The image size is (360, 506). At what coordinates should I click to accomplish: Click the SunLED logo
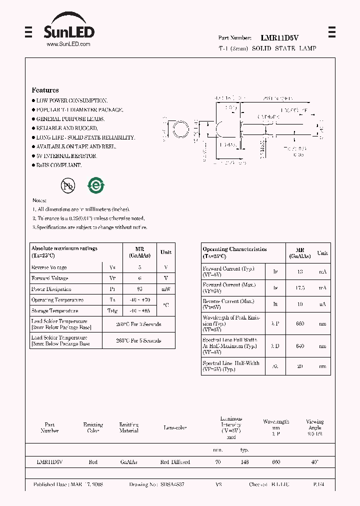[68, 29]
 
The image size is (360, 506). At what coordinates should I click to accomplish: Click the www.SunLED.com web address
[68, 44]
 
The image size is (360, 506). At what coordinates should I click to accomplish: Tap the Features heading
[45, 90]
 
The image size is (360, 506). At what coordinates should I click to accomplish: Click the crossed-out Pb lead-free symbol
[67, 186]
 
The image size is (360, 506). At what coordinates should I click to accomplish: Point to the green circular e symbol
[95, 185]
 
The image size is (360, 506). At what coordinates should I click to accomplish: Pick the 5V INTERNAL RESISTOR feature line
[66, 156]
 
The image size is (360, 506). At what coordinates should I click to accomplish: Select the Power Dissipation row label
[51, 289]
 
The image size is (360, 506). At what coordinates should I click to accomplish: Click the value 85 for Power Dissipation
[139, 289]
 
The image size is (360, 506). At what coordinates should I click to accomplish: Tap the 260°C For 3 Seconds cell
[138, 324]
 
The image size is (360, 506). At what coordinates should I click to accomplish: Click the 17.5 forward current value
[300, 287]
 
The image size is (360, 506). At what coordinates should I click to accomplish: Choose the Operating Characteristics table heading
[234, 249]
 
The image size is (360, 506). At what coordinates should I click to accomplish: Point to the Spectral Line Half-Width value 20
[300, 365]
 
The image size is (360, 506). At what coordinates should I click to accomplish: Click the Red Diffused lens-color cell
[175, 462]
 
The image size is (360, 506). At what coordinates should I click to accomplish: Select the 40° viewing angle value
[314, 462]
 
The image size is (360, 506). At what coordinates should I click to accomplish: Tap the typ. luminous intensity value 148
[244, 462]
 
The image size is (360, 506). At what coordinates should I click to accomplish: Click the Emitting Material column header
[128, 427]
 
